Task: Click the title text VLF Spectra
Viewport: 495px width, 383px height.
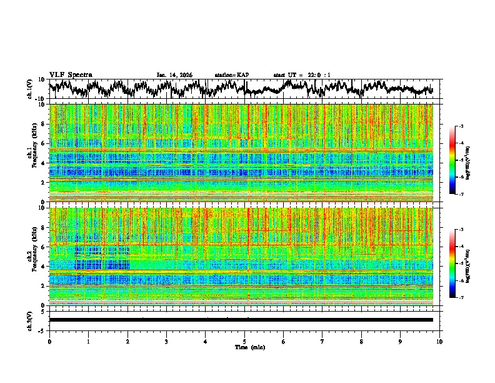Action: coord(71,75)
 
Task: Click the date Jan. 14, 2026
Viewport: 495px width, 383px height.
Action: coord(174,75)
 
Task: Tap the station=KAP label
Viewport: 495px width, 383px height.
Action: coord(232,75)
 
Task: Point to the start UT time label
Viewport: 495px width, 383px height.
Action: coord(302,75)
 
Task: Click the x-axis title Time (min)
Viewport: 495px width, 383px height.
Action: coord(249,347)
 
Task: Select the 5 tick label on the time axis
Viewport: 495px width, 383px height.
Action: coord(244,341)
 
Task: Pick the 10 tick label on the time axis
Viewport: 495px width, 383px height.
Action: coord(439,341)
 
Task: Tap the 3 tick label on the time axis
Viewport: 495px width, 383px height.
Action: coord(166,341)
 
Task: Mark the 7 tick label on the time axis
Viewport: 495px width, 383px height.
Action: coord(322,341)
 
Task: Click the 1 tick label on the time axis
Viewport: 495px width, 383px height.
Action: coord(88,341)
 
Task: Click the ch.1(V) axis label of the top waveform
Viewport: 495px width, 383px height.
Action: coord(29,89)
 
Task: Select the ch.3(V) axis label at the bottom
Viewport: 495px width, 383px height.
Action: coord(29,320)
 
